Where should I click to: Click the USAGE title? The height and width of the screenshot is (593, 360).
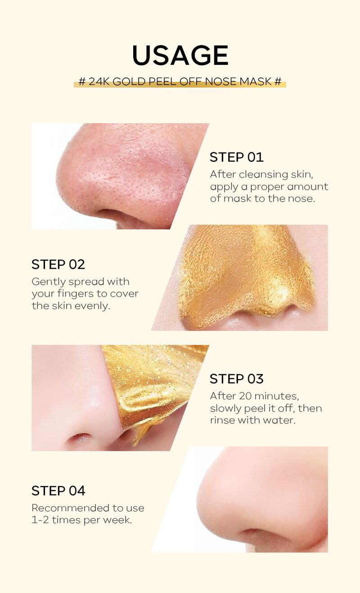(180, 56)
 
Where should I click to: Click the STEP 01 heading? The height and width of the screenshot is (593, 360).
(236, 157)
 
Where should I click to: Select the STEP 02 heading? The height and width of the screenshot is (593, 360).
(58, 265)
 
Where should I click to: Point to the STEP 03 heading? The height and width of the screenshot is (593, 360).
(236, 379)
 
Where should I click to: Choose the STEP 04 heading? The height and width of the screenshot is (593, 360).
(58, 490)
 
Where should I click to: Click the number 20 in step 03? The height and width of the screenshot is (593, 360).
(239, 396)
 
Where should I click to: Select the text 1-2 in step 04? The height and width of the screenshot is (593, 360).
(40, 520)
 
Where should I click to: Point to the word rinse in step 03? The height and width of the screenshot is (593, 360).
(221, 420)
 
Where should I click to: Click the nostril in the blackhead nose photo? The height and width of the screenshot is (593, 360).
(112, 213)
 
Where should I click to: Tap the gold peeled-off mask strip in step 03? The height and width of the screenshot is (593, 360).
(148, 382)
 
